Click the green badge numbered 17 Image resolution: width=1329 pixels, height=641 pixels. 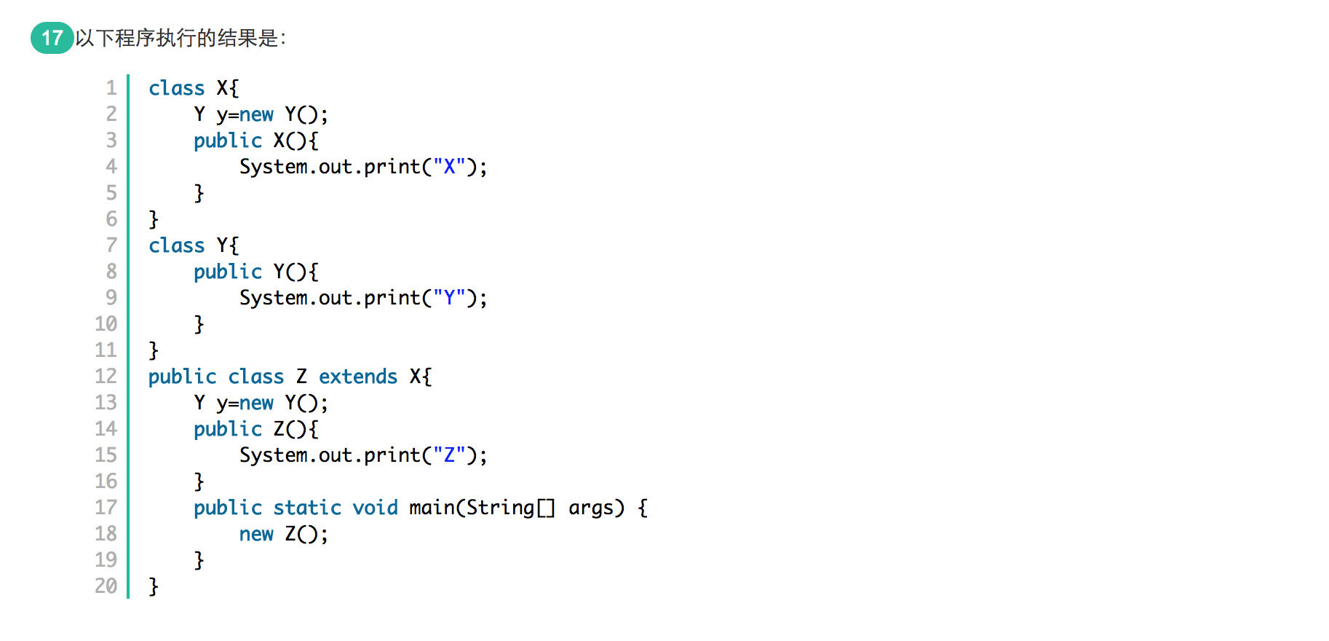click(x=52, y=38)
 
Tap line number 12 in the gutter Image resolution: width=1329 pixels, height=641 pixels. click(x=106, y=376)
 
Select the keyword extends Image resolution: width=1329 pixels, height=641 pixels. click(x=358, y=376)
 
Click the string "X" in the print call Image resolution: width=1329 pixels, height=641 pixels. click(x=449, y=166)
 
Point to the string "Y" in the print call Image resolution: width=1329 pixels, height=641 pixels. click(x=449, y=297)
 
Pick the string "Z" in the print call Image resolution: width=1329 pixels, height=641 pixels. click(x=449, y=455)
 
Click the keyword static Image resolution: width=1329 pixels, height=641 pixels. click(x=307, y=507)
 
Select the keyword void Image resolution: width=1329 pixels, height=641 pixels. click(x=375, y=507)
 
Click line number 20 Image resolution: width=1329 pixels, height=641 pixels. click(x=106, y=586)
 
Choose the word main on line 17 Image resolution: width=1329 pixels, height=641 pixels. click(x=432, y=507)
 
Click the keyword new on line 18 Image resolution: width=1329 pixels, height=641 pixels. click(x=256, y=533)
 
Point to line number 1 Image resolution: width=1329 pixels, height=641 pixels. click(x=111, y=87)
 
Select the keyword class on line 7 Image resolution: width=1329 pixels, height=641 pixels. click(x=176, y=245)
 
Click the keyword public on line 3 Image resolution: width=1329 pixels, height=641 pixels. click(x=227, y=140)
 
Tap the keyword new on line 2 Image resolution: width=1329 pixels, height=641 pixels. click(x=256, y=114)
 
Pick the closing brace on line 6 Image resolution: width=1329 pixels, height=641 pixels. click(x=154, y=219)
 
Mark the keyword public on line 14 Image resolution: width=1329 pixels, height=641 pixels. click(x=227, y=428)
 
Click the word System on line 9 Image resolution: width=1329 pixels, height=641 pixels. click(x=274, y=297)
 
